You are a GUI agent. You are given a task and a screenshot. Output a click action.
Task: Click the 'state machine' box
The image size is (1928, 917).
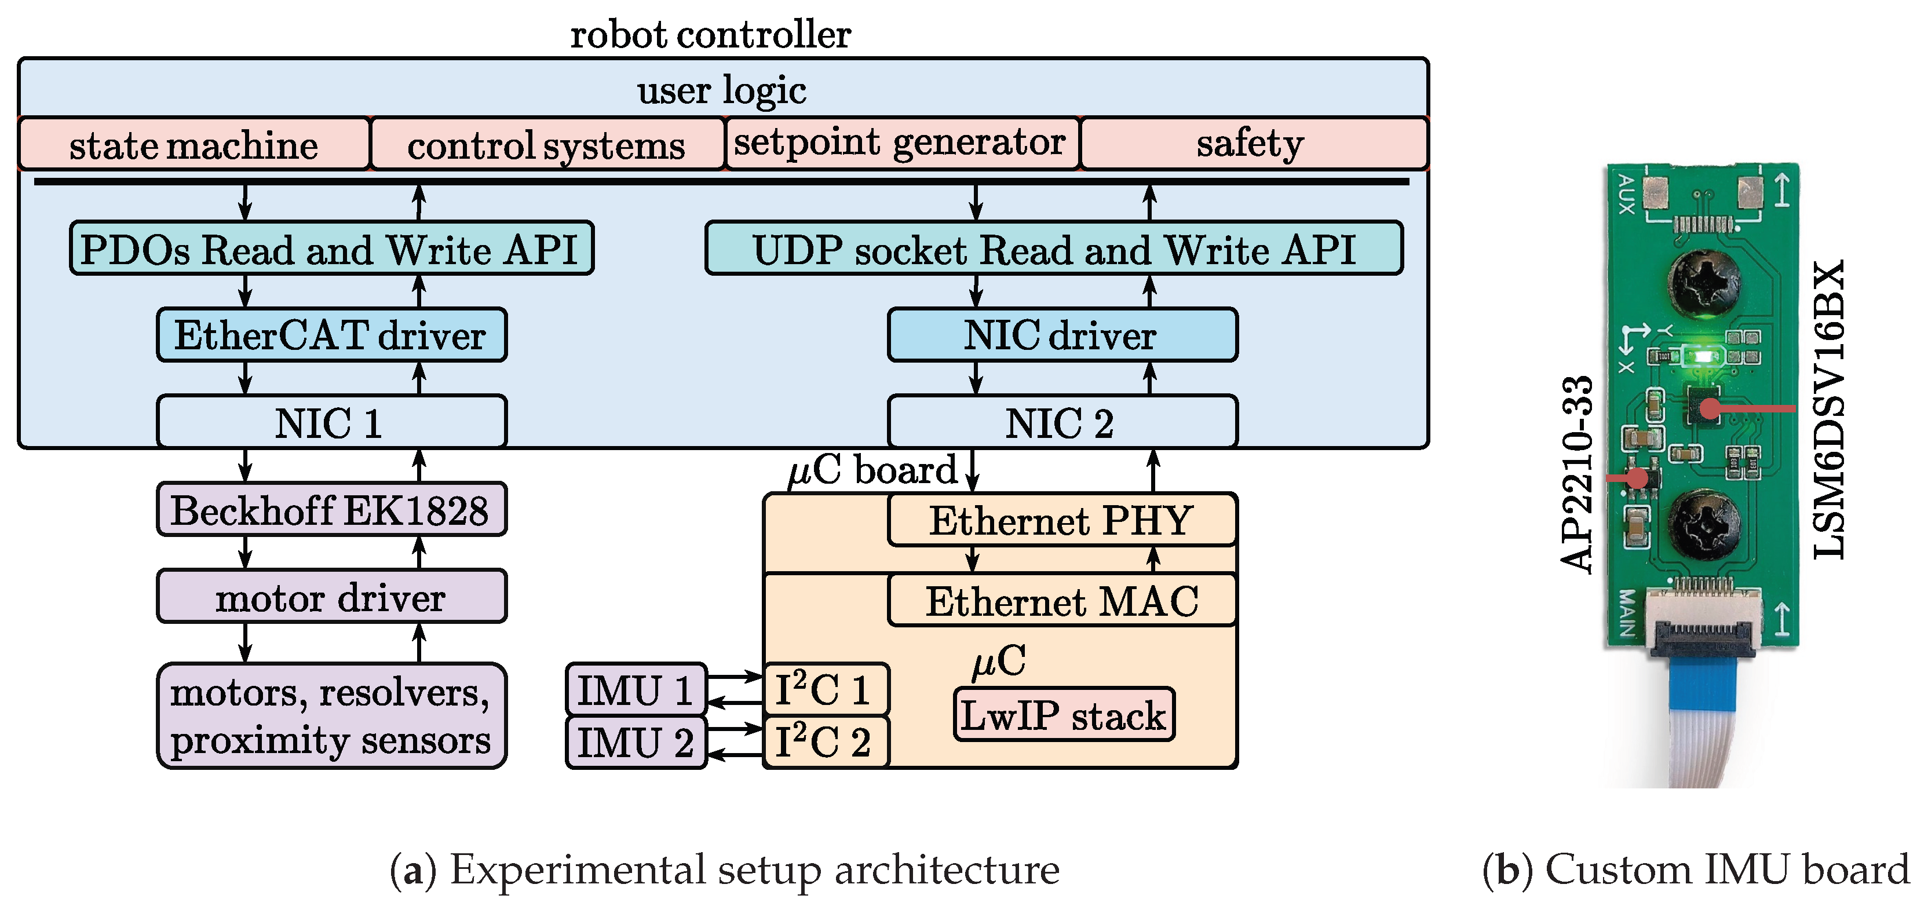pos(194,144)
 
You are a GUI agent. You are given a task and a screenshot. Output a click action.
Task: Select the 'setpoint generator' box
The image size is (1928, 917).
pos(901,143)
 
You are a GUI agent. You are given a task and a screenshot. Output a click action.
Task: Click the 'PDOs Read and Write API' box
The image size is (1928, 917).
pos(331,249)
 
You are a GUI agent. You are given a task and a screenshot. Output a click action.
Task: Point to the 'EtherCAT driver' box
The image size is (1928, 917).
pos(331,335)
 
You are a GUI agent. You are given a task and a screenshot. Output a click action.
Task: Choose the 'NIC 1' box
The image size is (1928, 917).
pos(331,422)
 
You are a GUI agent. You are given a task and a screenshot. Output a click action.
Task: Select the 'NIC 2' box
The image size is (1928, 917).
pos(1061,422)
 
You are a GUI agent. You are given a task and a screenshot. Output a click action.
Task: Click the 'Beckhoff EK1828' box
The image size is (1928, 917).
pos(331,510)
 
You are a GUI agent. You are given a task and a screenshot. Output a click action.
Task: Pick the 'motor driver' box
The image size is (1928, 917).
pos(331,597)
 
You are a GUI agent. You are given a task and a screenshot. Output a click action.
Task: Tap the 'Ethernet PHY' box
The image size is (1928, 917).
pos(1061,520)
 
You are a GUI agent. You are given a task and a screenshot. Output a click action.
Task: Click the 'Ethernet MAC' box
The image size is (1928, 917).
pos(1061,600)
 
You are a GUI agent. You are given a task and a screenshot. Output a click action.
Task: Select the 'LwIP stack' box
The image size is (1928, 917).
pos(1064,715)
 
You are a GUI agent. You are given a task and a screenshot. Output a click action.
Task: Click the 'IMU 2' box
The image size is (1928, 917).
pos(636,743)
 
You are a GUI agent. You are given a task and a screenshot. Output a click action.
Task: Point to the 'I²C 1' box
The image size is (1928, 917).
pos(825,689)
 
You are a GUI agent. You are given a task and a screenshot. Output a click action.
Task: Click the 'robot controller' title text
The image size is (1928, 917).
pos(710,34)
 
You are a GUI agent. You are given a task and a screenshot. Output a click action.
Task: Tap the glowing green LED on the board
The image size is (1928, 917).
pos(1702,356)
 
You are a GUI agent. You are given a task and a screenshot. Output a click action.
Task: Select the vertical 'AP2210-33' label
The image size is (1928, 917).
pos(1576,474)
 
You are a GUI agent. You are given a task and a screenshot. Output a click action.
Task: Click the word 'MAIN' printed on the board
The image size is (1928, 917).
pos(1626,612)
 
